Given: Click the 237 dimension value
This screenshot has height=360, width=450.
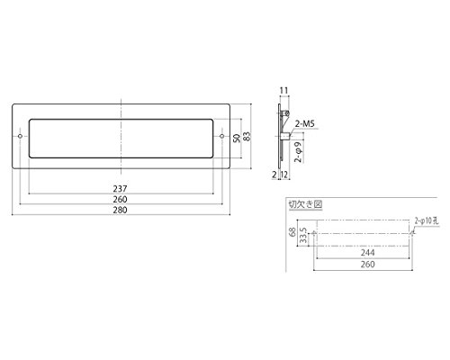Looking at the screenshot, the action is (120, 189).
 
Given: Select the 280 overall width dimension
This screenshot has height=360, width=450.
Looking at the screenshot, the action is (120, 210).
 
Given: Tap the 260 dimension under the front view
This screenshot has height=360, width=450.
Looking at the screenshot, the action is (120, 199).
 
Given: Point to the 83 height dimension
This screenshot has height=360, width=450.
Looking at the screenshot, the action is (247, 137).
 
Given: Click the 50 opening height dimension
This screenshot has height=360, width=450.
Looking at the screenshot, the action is (237, 138).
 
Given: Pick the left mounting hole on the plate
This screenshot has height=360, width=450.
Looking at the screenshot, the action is (20, 137).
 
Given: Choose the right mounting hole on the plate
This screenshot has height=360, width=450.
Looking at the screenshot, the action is (221, 137).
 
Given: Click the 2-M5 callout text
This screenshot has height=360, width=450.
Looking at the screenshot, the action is (305, 123).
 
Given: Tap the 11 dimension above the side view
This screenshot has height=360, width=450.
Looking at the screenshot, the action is (283, 90).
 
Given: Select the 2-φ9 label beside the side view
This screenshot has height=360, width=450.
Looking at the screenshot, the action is (299, 151).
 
